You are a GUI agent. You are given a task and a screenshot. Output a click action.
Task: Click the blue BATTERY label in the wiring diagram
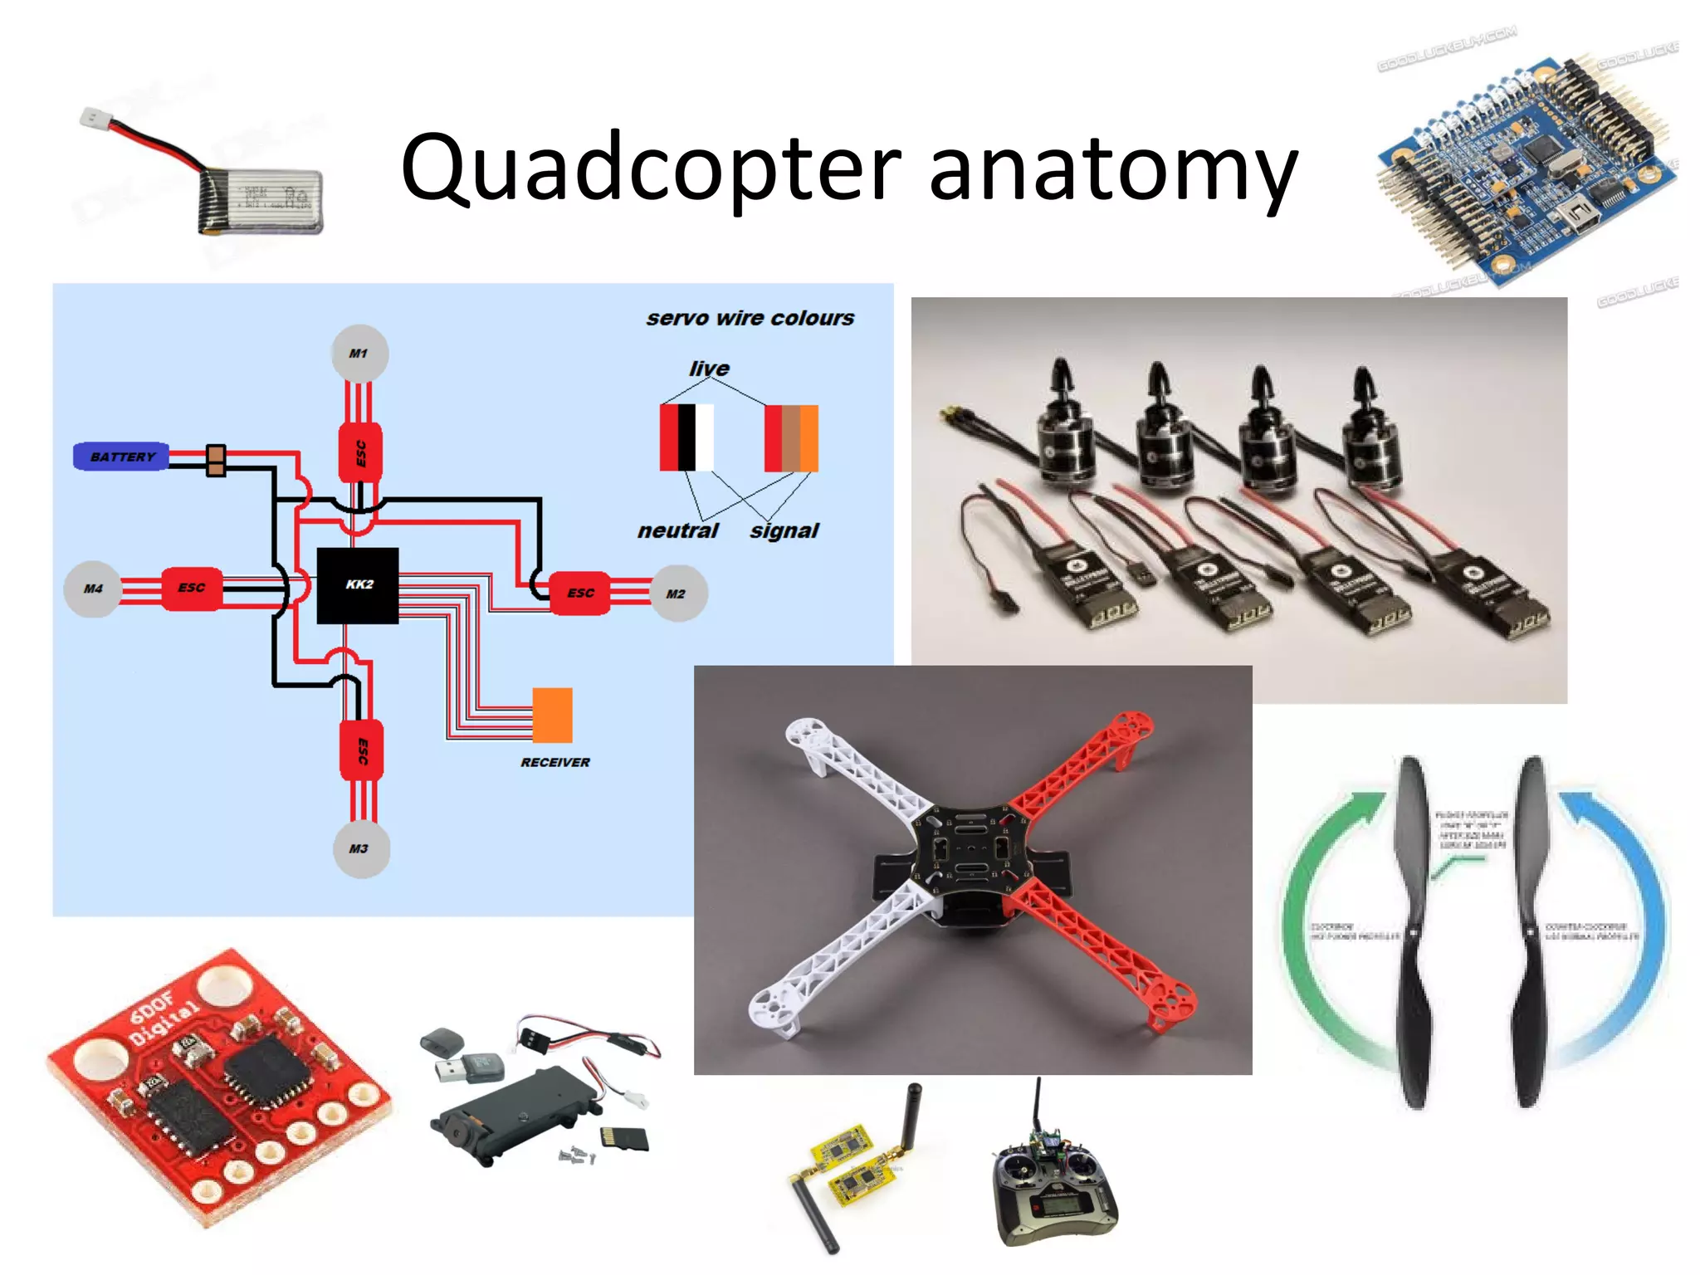click(121, 457)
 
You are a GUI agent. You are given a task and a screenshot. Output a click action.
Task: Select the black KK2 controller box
click(358, 585)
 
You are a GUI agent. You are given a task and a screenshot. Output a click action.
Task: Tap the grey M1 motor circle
click(359, 354)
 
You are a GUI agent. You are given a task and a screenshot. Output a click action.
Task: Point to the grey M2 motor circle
click(678, 594)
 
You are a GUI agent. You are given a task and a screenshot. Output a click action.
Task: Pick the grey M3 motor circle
click(360, 848)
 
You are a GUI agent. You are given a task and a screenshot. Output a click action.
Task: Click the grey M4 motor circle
click(92, 589)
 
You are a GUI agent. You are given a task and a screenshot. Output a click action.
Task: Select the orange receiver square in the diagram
click(552, 715)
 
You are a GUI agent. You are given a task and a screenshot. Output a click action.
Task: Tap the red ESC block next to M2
click(580, 593)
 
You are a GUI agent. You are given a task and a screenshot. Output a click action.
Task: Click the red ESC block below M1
click(360, 452)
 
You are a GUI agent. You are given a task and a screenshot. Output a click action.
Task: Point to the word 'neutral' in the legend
click(677, 530)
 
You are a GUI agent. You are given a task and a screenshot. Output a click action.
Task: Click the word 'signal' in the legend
click(784, 530)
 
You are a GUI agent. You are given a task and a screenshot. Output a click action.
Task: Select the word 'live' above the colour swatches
click(709, 369)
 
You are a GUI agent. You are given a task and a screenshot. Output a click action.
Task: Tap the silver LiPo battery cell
click(261, 199)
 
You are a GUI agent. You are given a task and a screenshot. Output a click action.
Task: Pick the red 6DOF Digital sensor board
click(217, 1087)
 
